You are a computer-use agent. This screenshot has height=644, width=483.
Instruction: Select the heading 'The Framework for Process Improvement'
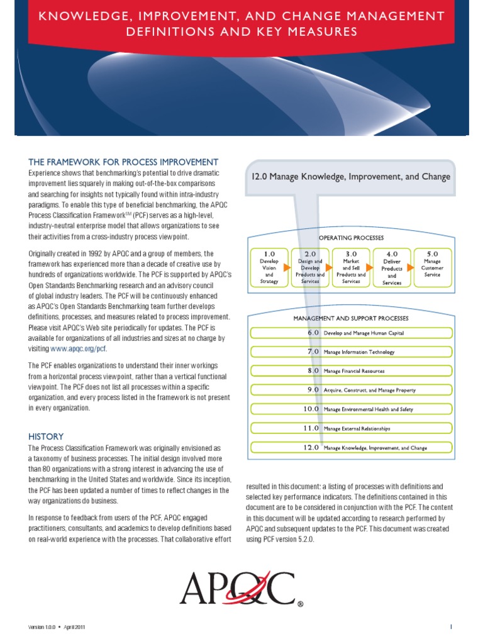click(123, 162)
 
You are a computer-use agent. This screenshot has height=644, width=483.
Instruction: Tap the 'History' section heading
click(46, 436)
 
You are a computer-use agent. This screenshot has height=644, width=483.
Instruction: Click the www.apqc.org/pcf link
click(79, 349)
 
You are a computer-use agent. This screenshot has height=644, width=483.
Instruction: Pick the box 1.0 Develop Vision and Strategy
click(269, 266)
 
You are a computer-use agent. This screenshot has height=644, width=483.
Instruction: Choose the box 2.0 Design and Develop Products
click(309, 266)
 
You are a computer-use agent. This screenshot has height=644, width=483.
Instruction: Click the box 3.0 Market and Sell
click(351, 266)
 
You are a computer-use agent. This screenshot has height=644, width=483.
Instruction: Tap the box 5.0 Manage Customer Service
click(433, 266)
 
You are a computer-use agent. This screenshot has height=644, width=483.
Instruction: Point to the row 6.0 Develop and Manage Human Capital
click(351, 333)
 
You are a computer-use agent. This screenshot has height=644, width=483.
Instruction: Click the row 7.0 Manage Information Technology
click(351, 352)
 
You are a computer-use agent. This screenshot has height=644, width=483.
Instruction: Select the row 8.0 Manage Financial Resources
click(351, 371)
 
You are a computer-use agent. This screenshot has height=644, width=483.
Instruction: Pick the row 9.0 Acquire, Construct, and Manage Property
click(351, 390)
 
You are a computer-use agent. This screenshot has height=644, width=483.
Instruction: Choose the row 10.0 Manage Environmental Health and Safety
click(351, 409)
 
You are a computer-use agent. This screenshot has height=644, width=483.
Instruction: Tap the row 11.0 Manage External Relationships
click(351, 428)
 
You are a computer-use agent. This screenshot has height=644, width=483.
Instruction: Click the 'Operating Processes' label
click(351, 238)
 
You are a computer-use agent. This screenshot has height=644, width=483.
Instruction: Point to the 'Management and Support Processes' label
click(351, 318)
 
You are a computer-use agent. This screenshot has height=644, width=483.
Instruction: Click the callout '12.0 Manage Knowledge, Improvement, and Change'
click(351, 177)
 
